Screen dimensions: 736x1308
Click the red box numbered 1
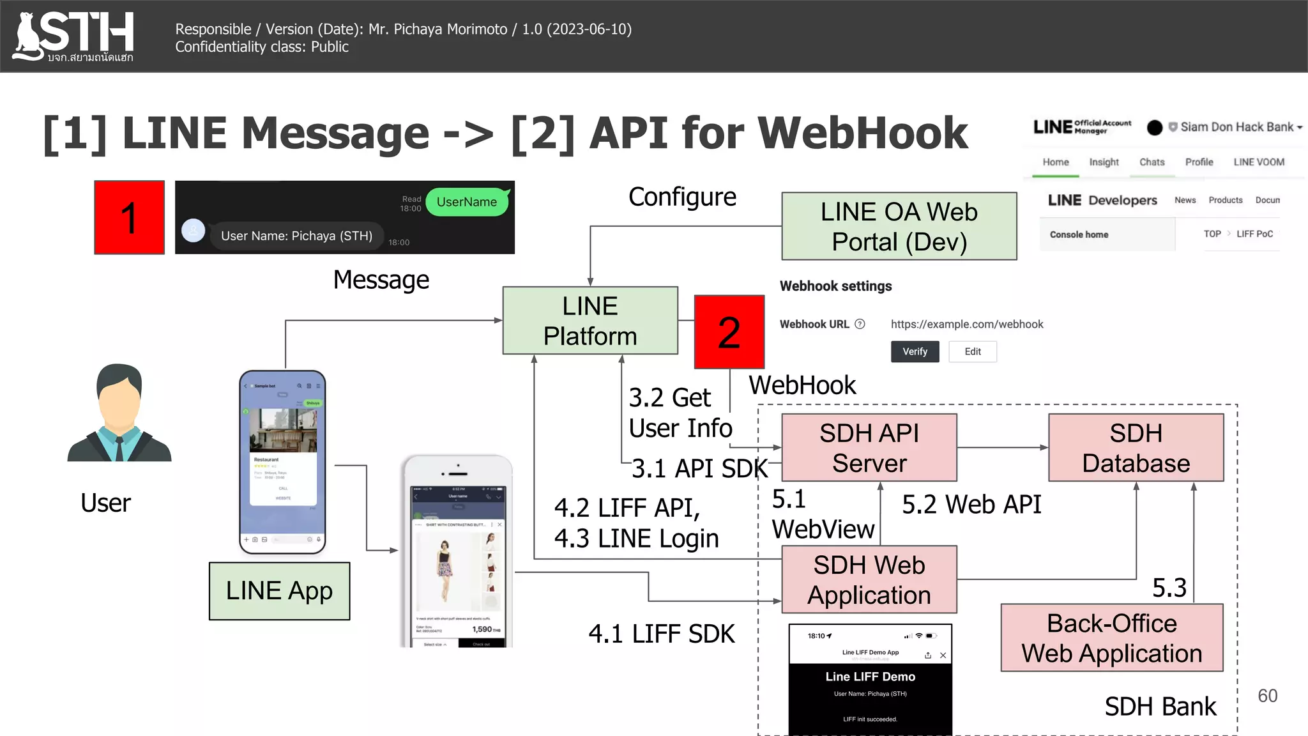pos(129,217)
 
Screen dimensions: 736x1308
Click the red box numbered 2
pos(729,332)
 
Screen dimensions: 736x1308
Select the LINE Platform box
pos(589,320)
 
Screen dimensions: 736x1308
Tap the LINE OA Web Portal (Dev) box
pos(899,226)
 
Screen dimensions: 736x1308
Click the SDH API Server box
pos(869,447)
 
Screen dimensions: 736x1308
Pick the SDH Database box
pos(1136,447)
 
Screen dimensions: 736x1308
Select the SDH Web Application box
pos(869,579)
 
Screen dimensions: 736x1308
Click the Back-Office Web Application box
pos(1111,638)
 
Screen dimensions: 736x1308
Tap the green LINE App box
pos(279,591)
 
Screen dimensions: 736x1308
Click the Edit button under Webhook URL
pos(972,351)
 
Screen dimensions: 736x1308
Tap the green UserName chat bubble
pos(467,202)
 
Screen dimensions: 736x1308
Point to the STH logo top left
pos(74,36)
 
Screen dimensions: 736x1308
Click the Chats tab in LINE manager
pos(1152,162)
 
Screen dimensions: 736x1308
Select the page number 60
pos(1267,696)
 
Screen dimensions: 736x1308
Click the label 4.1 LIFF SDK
pos(661,634)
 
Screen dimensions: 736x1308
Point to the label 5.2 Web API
pos(971,505)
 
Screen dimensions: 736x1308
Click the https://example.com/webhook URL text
pos(966,325)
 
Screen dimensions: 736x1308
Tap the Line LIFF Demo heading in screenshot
pos(870,677)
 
